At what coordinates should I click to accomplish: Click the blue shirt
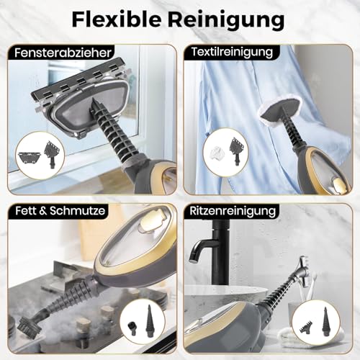(x=238, y=108)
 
